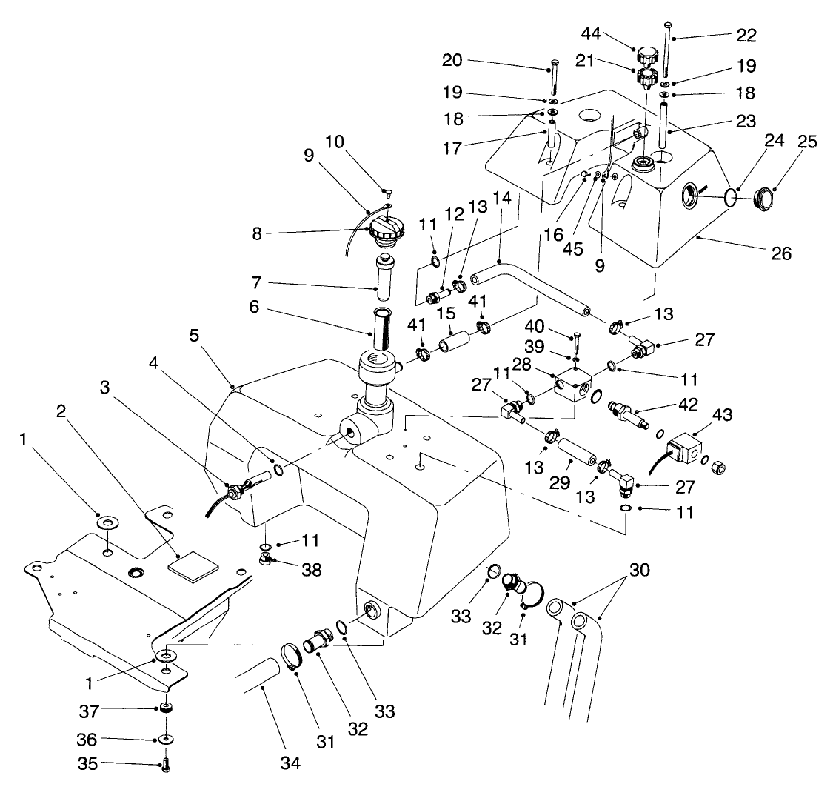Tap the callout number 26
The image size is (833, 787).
point(783,253)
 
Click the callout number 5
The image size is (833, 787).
point(194,336)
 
